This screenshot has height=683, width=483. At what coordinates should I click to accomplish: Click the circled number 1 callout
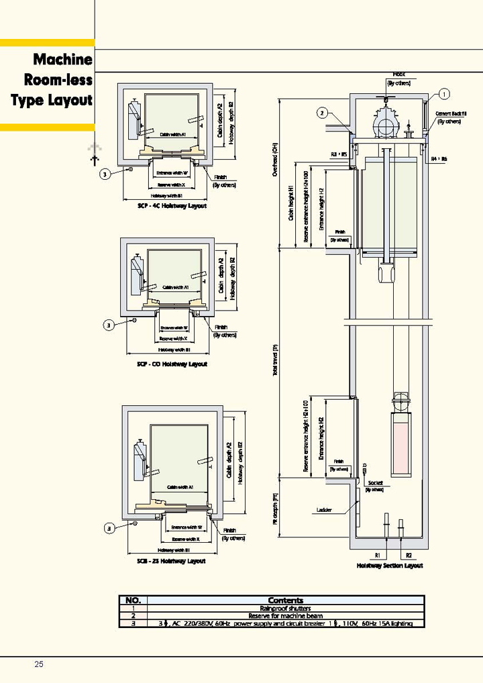pyautogui.click(x=445, y=94)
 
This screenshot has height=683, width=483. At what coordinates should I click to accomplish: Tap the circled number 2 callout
pyautogui.click(x=322, y=113)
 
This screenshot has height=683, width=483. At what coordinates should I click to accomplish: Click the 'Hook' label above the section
pyautogui.click(x=399, y=74)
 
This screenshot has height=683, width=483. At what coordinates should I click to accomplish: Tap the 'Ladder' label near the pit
pyautogui.click(x=325, y=510)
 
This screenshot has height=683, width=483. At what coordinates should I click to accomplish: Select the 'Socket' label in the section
pyautogui.click(x=375, y=483)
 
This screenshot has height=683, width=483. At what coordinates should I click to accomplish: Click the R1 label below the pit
pyautogui.click(x=378, y=556)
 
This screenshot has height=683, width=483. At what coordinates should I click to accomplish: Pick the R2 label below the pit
pyautogui.click(x=409, y=556)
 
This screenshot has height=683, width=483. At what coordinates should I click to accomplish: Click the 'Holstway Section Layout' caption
pyautogui.click(x=389, y=566)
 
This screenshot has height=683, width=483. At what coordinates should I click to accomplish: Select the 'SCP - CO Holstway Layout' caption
pyautogui.click(x=172, y=364)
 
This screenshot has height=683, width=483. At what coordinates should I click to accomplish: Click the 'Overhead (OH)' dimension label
pyautogui.click(x=274, y=160)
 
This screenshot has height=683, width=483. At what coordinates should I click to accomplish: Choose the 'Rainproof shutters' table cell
pyautogui.click(x=285, y=608)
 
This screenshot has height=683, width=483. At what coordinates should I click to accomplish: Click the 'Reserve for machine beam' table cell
pyautogui.click(x=285, y=615)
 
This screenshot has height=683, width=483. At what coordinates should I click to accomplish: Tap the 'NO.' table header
pyautogui.click(x=133, y=600)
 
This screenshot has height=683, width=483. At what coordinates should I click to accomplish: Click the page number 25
pyautogui.click(x=39, y=664)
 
